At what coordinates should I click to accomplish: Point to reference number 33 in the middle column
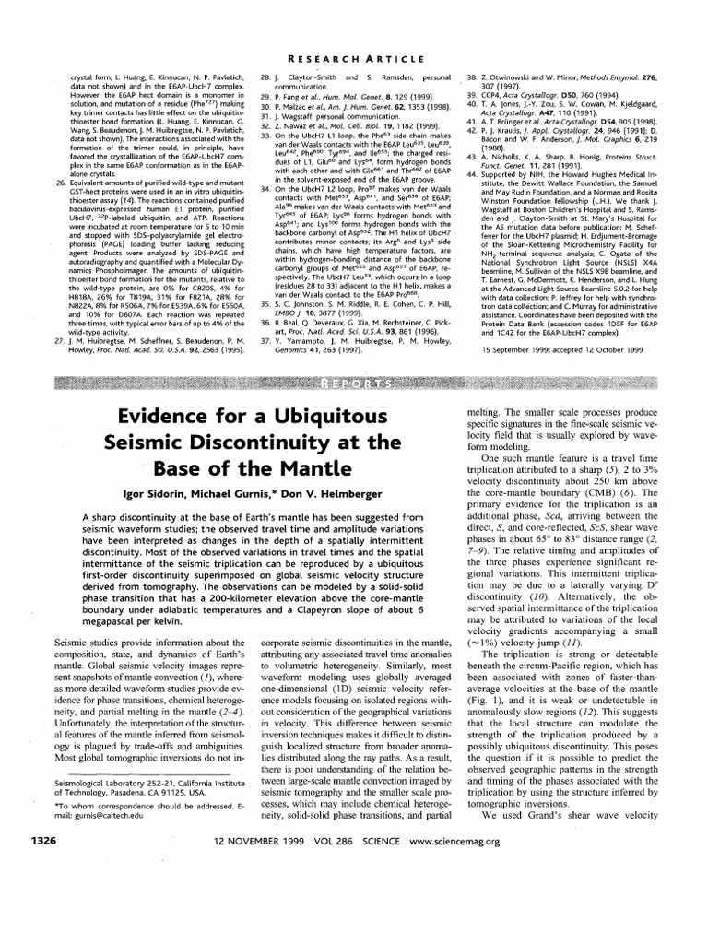tap(265, 135)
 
